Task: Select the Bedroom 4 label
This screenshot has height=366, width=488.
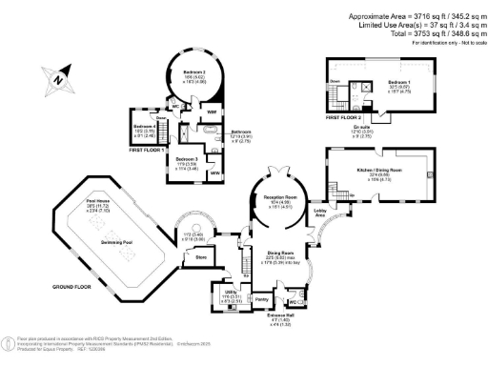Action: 144,126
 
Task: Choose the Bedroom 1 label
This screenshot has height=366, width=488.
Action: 399,83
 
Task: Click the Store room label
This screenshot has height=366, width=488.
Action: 201,256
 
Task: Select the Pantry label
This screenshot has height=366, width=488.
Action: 261,298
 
